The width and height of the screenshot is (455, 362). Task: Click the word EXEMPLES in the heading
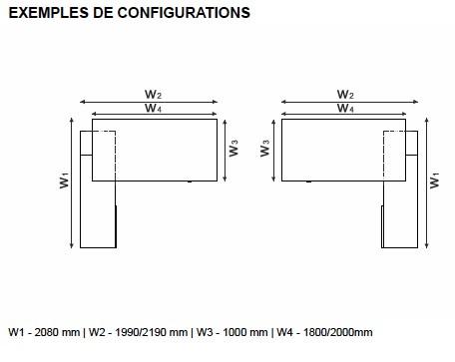pyautogui.click(x=49, y=13)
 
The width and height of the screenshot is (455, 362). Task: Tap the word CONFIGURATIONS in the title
pyautogui.click(x=184, y=13)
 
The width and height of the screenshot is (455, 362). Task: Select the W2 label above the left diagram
pyautogui.click(x=153, y=94)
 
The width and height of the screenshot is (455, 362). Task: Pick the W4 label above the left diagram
pyautogui.click(x=153, y=108)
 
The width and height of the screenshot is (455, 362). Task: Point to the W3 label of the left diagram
pyautogui.click(x=233, y=148)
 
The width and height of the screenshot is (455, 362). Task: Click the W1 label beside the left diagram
pyautogui.click(x=64, y=181)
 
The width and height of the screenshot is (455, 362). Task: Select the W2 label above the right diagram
pyautogui.click(x=345, y=94)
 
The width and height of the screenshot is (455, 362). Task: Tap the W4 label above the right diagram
pyautogui.click(x=345, y=108)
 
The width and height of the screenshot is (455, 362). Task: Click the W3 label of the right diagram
pyautogui.click(x=264, y=148)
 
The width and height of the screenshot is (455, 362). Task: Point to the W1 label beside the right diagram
pyautogui.click(x=434, y=181)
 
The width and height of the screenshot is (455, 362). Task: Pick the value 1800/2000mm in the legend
pyautogui.click(x=338, y=332)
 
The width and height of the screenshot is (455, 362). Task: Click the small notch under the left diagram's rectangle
pyautogui.click(x=190, y=181)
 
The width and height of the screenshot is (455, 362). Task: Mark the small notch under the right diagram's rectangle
pyautogui.click(x=309, y=181)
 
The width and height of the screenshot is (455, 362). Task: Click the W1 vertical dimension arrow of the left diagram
pyautogui.click(x=71, y=183)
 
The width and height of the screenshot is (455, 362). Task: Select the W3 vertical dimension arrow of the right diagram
pyautogui.click(x=273, y=151)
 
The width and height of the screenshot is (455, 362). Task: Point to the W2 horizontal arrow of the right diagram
pyautogui.click(x=349, y=102)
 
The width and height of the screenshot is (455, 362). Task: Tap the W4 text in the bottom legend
pyautogui.click(x=285, y=332)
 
